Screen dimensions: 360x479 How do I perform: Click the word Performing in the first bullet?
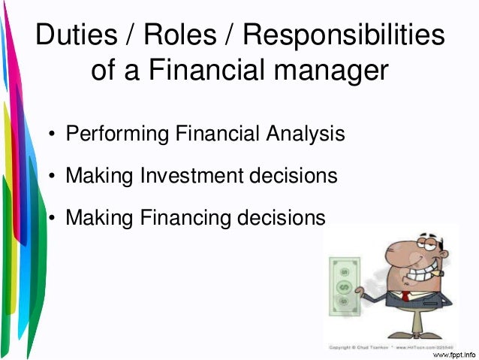click(118, 135)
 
